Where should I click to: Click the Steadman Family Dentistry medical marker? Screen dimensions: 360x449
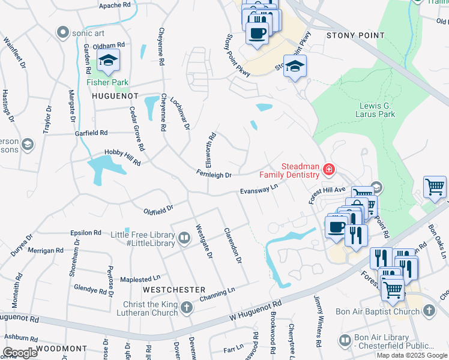[x=328, y=170]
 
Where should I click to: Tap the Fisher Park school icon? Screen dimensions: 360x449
[x=109, y=61]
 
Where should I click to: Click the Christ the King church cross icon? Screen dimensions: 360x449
[x=187, y=308]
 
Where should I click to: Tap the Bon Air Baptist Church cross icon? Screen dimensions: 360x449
[x=429, y=311]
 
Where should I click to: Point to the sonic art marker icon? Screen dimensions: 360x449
[x=62, y=32]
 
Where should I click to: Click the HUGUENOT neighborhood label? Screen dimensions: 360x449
[x=115, y=96]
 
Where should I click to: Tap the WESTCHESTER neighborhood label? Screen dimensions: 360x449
[x=174, y=289]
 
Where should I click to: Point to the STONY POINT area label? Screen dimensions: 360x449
[x=355, y=35]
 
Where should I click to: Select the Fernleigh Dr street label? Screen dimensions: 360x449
[x=214, y=175]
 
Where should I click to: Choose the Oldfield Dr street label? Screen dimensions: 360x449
[x=158, y=210]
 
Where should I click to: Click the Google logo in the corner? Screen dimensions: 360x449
[x=20, y=352]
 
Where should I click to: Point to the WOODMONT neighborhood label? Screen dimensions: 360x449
[x=62, y=348]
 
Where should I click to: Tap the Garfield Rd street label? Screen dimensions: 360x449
[x=91, y=133]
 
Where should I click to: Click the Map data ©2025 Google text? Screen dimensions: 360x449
[x=412, y=355]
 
